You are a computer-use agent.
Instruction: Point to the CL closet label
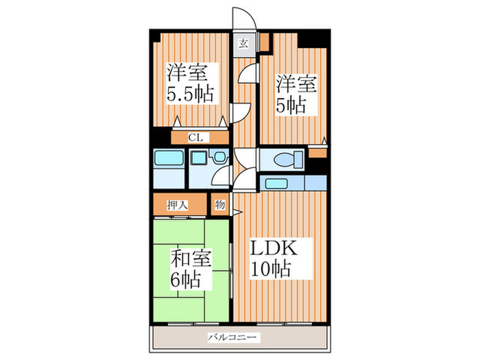click(x=195, y=137)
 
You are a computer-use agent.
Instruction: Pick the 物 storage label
click(x=220, y=204)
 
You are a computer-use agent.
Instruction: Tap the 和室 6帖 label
click(x=191, y=269)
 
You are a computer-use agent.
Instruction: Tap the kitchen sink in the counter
click(x=278, y=183)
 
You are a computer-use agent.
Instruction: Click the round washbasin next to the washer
click(x=219, y=158)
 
